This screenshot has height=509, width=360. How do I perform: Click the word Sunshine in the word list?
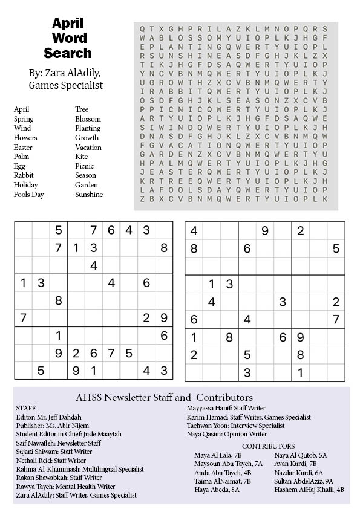pos(89,195)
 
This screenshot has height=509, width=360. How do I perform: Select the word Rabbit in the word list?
pos(24,176)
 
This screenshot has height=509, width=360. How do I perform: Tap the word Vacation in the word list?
pos(88,148)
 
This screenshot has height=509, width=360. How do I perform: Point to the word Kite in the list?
pos(81,157)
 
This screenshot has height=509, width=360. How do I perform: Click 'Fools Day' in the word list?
pos(29,195)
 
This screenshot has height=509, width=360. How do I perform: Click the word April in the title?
pos(67,24)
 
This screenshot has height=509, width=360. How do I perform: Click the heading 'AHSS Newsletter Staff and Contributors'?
pos(164,398)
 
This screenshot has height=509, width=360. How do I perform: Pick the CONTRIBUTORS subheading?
pos(268,446)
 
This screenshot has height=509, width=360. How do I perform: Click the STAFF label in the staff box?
pos(25,408)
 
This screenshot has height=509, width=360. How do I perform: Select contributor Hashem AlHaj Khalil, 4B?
pos(309,490)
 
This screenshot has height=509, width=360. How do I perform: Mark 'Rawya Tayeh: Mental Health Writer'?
pos(65,486)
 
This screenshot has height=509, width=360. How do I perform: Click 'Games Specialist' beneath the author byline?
pos(66,86)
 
